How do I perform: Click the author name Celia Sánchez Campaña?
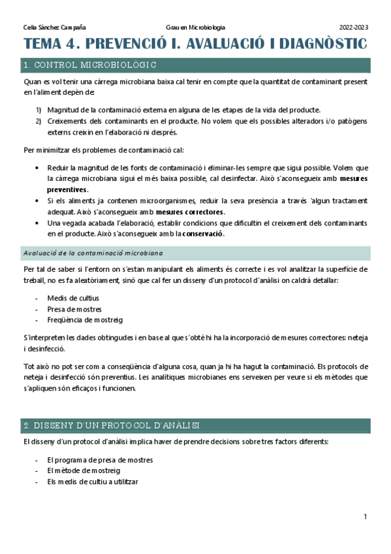[54, 27]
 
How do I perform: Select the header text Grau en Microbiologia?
[195, 27]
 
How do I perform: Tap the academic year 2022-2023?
[353, 27]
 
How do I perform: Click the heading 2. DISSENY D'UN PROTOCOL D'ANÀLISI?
[111, 425]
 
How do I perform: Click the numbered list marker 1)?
[38, 110]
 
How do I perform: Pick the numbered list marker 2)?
[38, 121]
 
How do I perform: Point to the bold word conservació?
[203, 234]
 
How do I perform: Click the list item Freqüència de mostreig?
[85, 319]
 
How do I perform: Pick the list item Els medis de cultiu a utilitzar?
[92, 481]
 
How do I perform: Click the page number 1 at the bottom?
[365, 517]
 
